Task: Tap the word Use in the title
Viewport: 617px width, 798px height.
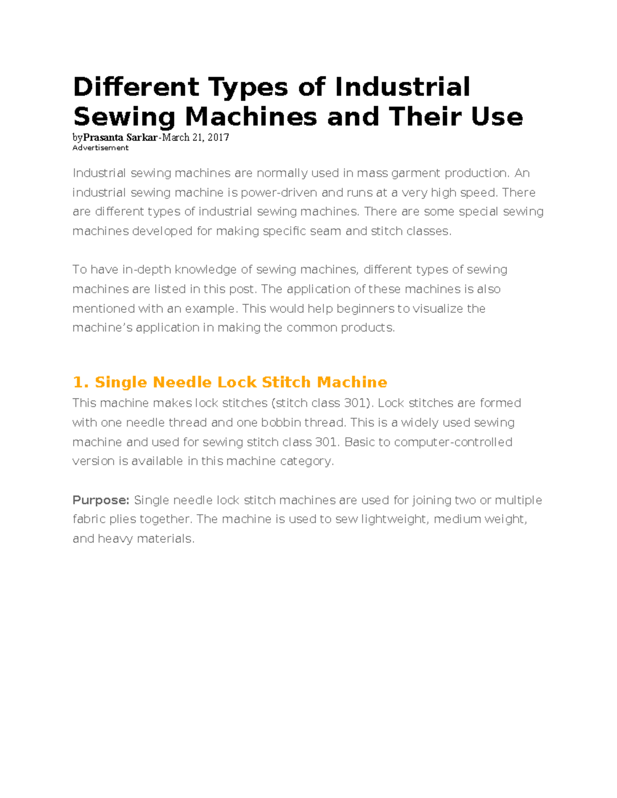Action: (497, 117)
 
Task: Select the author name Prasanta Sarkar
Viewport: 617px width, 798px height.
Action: (120, 137)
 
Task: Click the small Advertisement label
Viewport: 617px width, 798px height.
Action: (100, 148)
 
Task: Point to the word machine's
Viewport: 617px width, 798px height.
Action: (102, 328)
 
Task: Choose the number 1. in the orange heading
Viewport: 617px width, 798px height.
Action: (81, 382)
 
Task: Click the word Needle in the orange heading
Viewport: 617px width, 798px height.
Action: (182, 382)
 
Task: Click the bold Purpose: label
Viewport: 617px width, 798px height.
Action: (101, 500)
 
